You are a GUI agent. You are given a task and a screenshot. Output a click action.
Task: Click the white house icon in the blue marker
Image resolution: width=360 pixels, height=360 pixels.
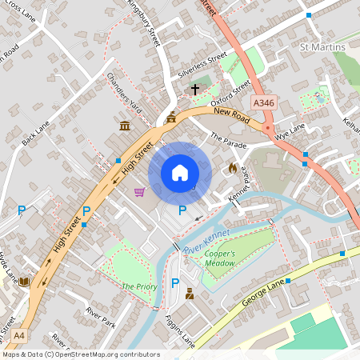click(179, 173)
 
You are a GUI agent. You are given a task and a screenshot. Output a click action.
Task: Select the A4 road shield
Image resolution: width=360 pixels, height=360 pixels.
click(19, 335)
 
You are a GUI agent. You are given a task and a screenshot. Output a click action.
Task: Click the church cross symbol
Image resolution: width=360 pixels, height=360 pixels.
click(194, 89)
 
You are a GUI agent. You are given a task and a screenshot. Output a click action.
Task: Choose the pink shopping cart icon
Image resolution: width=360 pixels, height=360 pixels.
click(140, 192)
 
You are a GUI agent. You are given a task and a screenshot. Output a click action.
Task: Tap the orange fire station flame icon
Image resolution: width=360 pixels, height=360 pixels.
click(232, 168)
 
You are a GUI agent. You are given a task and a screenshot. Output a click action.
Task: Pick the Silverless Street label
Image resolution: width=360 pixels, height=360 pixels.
click(198, 66)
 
